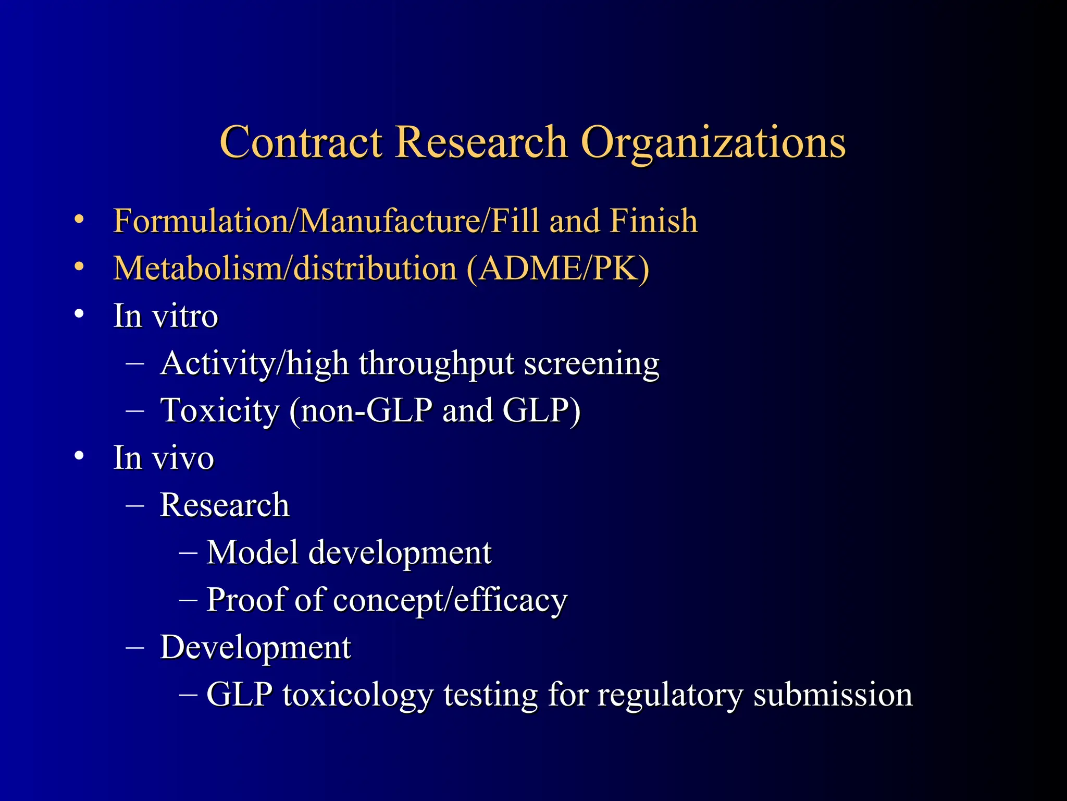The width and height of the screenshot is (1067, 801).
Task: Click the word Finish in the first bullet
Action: coord(653,221)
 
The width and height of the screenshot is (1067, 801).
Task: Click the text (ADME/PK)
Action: coord(558,269)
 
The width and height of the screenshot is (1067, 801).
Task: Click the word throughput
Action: coord(437,363)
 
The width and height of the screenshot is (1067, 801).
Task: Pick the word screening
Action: coord(591,365)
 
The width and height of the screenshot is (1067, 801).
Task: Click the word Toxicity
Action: coord(220,411)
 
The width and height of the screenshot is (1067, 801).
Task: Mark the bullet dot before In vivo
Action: coord(79,456)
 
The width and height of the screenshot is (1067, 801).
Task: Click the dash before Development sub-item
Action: coord(135,647)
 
